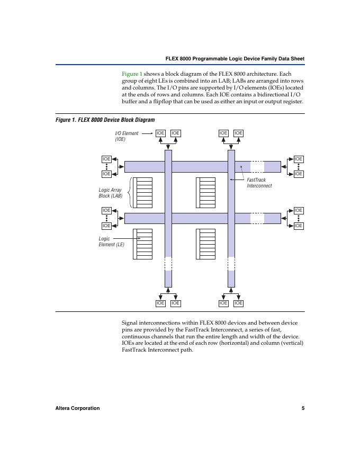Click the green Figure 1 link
(x=132, y=74)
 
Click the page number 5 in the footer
(x=303, y=408)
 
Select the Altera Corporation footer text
(x=77, y=408)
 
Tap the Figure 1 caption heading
(x=105, y=120)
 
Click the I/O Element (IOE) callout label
(x=127, y=136)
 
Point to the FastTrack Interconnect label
(x=259, y=183)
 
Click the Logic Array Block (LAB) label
(x=111, y=193)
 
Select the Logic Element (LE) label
(x=111, y=241)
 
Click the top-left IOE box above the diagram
(x=160, y=133)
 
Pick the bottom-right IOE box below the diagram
(x=238, y=303)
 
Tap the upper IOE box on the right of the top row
(x=299, y=159)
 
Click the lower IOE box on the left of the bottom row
(x=106, y=226)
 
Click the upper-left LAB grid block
(x=143, y=193)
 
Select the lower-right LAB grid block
(x=205, y=244)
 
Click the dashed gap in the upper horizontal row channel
(x=257, y=167)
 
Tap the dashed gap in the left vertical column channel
(x=168, y=263)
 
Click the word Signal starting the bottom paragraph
(x=131, y=322)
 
